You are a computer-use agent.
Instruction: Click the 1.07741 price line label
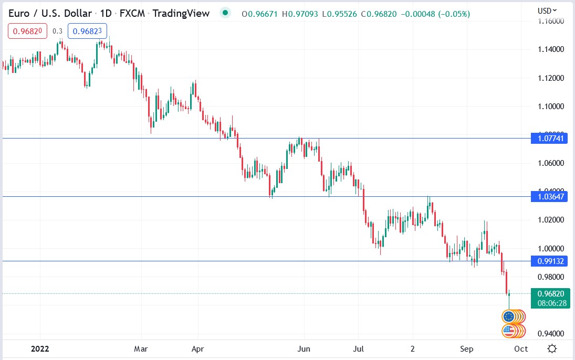pyautogui.click(x=550, y=139)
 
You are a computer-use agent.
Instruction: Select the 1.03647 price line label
pyautogui.click(x=550, y=197)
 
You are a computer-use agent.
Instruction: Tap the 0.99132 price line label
pyautogui.click(x=550, y=261)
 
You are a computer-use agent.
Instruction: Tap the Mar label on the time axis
pyautogui.click(x=141, y=348)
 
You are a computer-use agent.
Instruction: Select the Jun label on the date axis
pyautogui.click(x=304, y=348)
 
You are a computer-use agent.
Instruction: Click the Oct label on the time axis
pyautogui.click(x=520, y=348)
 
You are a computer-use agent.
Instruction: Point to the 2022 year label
pyautogui.click(x=40, y=348)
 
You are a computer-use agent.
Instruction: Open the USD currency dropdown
pyautogui.click(x=547, y=10)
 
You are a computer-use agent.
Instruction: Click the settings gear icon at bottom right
pyautogui.click(x=552, y=348)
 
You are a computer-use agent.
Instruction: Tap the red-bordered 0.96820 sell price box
pyautogui.click(x=27, y=31)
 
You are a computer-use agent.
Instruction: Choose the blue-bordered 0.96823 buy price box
pyautogui.click(x=87, y=31)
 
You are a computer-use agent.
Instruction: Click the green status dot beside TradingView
pyautogui.click(x=225, y=13)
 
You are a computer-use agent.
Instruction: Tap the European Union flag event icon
pyautogui.click(x=508, y=316)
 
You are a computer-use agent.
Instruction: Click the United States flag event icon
pyautogui.click(x=508, y=331)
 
